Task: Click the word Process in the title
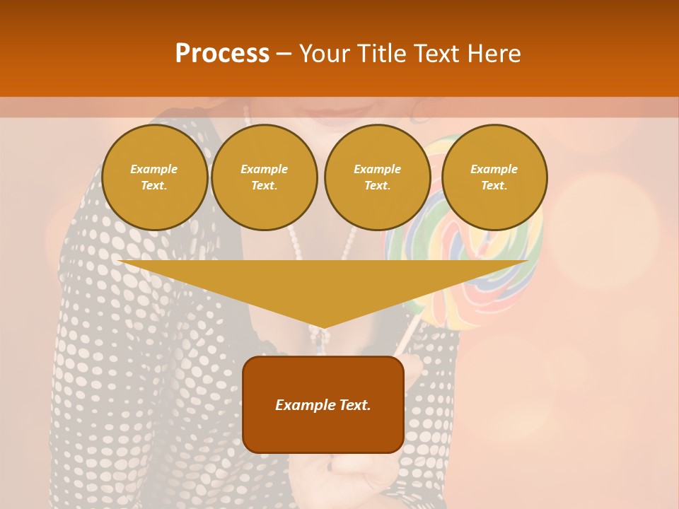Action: [x=222, y=54]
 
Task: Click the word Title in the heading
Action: [x=380, y=54]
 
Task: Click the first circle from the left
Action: [x=154, y=177]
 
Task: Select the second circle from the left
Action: [x=264, y=177]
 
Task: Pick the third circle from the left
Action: [x=377, y=177]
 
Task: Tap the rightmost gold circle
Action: [x=494, y=177]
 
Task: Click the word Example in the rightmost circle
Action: [x=494, y=169]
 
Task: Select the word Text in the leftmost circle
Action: [x=153, y=186]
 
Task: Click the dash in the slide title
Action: [x=284, y=54]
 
